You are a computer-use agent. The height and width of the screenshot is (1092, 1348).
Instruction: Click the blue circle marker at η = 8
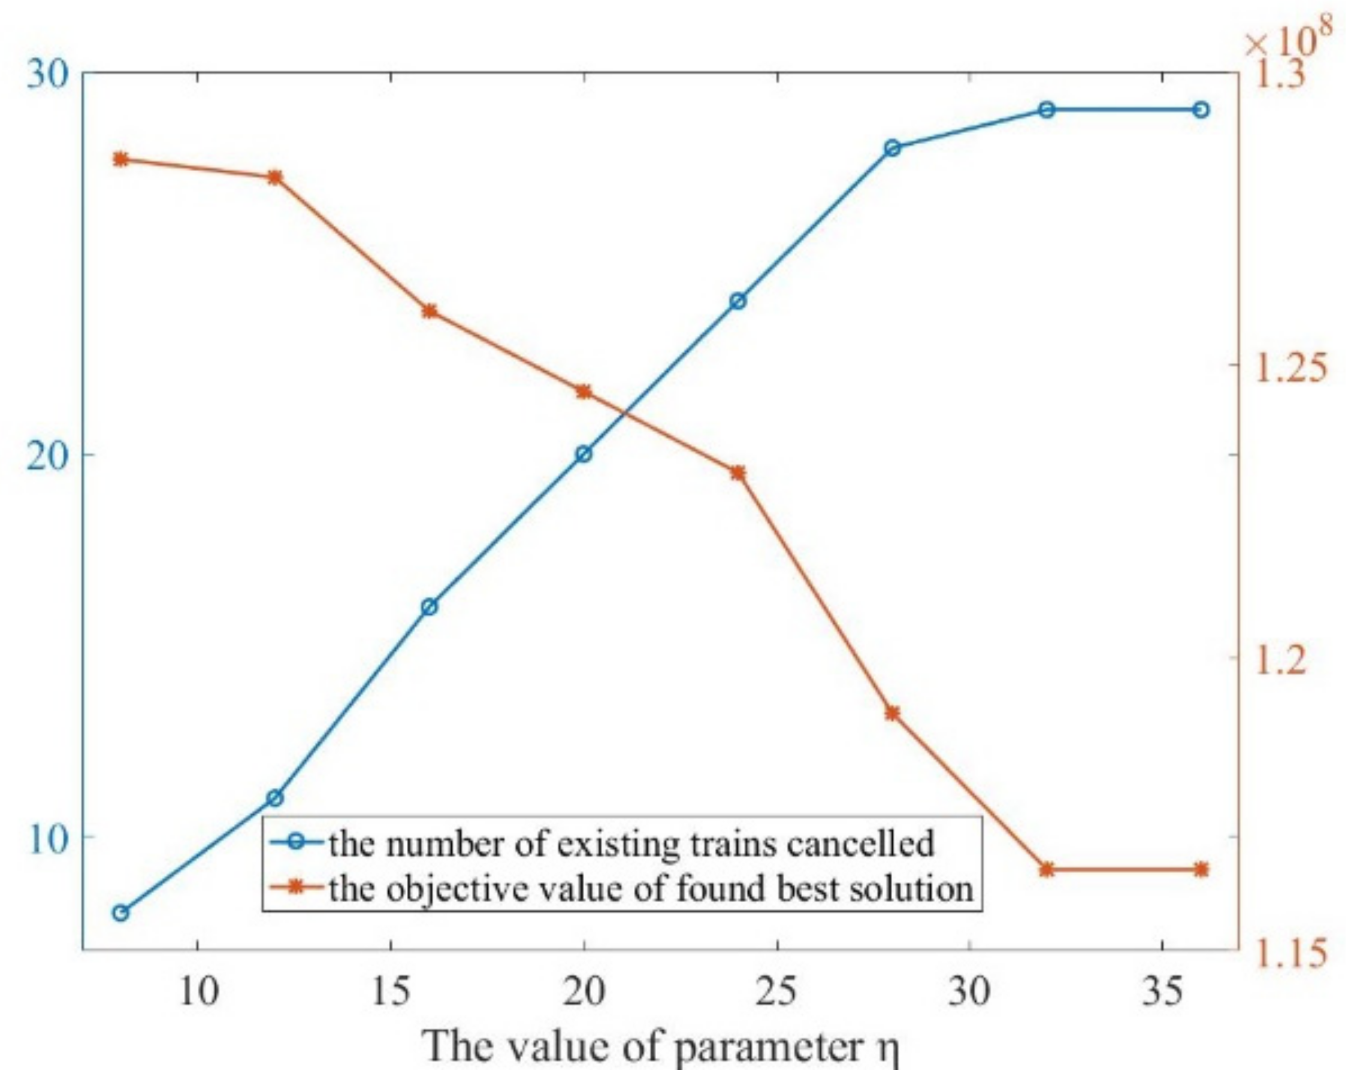click(x=121, y=913)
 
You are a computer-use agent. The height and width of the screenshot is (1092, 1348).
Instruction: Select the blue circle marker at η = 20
click(x=584, y=454)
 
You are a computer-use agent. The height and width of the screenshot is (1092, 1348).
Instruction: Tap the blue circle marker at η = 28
click(x=892, y=148)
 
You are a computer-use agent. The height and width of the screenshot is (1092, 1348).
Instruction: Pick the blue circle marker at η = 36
click(x=1201, y=110)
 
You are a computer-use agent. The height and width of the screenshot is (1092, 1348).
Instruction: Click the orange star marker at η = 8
click(x=121, y=159)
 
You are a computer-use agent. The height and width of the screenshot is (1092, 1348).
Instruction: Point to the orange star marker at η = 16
click(x=430, y=311)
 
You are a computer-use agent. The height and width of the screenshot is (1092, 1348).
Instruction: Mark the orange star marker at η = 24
click(x=738, y=473)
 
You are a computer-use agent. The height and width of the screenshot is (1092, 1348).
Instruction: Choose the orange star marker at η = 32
click(x=1047, y=870)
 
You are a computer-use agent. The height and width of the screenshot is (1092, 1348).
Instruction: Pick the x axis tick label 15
click(x=390, y=993)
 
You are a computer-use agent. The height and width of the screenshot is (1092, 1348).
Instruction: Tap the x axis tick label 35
click(x=1162, y=993)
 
